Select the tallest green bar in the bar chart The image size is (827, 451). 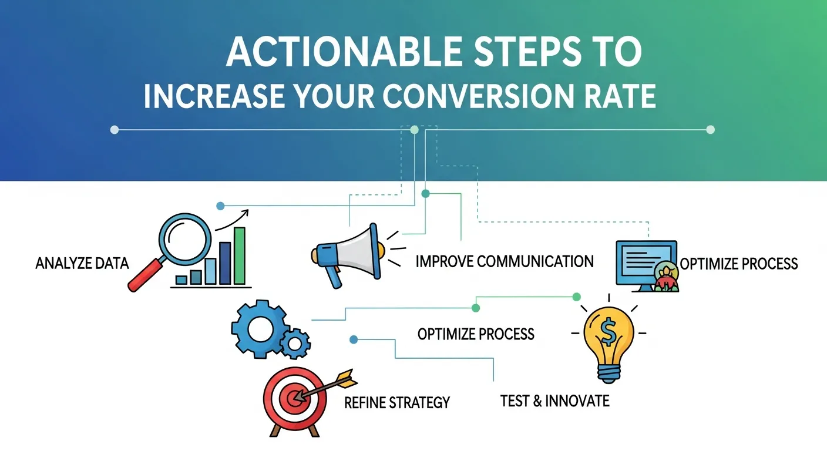(240, 255)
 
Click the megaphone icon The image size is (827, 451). (347, 254)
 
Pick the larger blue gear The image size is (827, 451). (257, 329)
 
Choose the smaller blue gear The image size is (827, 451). (295, 342)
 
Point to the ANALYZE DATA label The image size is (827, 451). (82, 263)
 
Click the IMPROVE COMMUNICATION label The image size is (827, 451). (505, 261)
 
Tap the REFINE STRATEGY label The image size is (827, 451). (396, 403)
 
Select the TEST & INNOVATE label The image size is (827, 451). (554, 401)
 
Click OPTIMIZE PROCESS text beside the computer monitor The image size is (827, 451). (738, 263)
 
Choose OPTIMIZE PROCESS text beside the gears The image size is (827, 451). (476, 334)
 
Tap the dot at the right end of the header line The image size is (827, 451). (710, 130)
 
